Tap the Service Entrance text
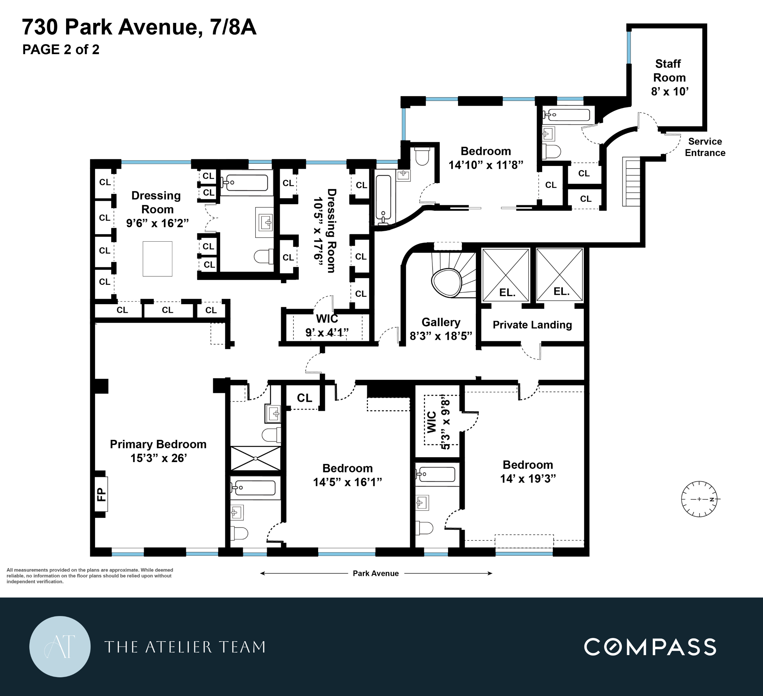coord(705,147)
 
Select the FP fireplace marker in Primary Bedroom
coord(101,494)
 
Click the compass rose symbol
coord(699,499)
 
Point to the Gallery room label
coord(441,322)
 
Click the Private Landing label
coord(532,325)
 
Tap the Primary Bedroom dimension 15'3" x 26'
coord(159,458)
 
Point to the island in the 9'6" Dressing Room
coord(157,259)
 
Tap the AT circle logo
coord(60,646)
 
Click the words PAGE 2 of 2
coord(61,50)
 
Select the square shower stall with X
coord(256,459)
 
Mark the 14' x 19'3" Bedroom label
coord(528,472)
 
